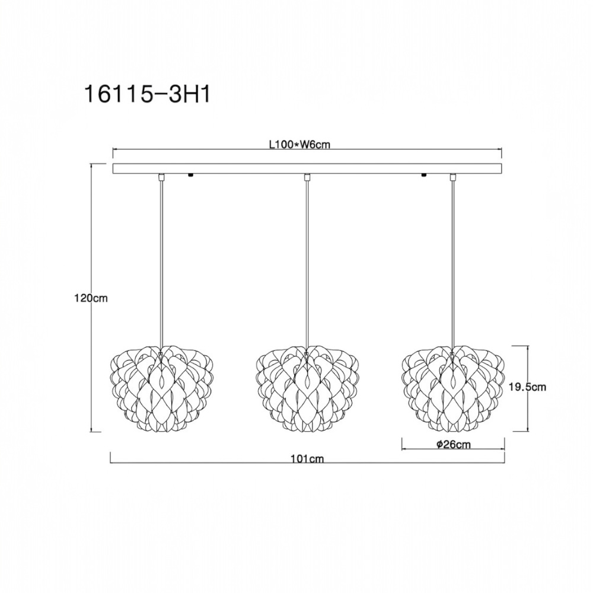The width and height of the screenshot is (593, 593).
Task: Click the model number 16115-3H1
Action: coord(148,94)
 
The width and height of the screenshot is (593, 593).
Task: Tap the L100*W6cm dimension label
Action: coord(299,145)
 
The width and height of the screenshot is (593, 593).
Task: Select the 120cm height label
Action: coord(91,298)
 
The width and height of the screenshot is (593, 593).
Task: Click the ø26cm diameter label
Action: coord(454,444)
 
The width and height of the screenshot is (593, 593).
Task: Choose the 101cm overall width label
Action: coord(307,459)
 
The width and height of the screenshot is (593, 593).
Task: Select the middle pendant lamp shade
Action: coord(307,388)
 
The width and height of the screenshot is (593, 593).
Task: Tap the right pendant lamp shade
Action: coord(452,388)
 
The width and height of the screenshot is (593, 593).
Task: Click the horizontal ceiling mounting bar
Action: coord(308,168)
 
